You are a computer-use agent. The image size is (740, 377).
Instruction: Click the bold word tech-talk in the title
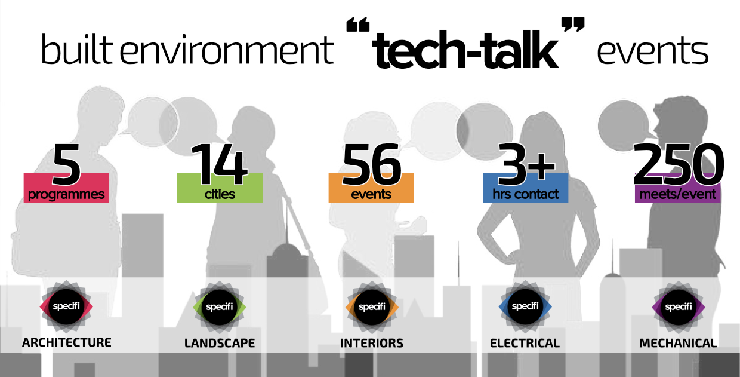(465, 50)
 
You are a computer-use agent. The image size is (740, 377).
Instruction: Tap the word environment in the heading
(227, 50)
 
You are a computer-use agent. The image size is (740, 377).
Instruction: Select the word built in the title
(77, 49)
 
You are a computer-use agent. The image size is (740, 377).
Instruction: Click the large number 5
(66, 164)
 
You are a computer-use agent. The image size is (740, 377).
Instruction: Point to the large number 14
(219, 164)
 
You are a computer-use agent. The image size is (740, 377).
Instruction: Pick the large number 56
(372, 164)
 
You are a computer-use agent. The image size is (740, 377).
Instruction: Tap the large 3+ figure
(526, 164)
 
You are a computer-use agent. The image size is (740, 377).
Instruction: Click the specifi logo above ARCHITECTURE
(66, 306)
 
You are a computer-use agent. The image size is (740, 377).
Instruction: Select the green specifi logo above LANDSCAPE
(220, 306)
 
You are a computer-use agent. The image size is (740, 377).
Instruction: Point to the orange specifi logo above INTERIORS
(372, 306)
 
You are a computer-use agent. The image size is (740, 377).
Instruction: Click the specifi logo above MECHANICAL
(678, 306)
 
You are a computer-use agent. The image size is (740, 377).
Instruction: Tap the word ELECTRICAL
(525, 344)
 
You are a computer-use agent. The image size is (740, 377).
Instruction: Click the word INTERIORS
(372, 344)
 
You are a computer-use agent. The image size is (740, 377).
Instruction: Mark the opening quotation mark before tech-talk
(358, 25)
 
